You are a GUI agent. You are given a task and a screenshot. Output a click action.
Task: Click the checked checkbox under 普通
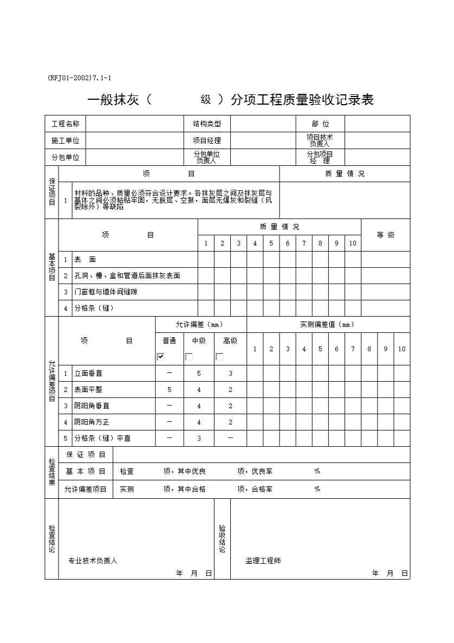[x=161, y=357]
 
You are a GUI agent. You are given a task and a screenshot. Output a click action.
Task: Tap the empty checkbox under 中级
[x=189, y=357]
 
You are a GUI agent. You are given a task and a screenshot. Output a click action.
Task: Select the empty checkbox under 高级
[x=219, y=357]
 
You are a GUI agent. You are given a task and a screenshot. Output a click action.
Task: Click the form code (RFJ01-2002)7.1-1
[x=80, y=78]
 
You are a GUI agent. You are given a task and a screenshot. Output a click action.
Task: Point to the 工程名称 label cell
[x=65, y=124]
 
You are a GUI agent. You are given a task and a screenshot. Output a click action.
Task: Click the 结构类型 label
[x=206, y=124]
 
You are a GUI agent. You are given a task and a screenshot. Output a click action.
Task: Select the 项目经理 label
[x=206, y=140]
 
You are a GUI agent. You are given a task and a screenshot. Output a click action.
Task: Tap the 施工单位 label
[x=65, y=140]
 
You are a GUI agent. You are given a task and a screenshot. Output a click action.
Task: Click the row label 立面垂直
[x=88, y=374]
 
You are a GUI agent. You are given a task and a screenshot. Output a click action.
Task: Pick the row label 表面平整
[x=88, y=390]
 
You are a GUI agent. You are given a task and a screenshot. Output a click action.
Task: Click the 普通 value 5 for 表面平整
[x=170, y=390]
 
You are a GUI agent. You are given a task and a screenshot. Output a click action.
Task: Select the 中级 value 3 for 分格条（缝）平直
[x=199, y=439]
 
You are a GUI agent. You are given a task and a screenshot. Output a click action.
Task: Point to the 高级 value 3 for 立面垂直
[x=230, y=374]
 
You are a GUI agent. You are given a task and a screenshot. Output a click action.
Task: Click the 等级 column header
[x=386, y=235]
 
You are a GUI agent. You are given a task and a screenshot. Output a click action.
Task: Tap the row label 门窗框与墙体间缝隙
[x=106, y=292]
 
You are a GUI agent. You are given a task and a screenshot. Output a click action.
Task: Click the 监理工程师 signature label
[x=263, y=561]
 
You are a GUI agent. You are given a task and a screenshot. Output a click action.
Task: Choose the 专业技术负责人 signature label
[x=93, y=561]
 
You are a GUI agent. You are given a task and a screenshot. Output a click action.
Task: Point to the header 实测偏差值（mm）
[x=327, y=325]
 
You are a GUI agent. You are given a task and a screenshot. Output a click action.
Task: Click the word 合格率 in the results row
[x=262, y=489]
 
